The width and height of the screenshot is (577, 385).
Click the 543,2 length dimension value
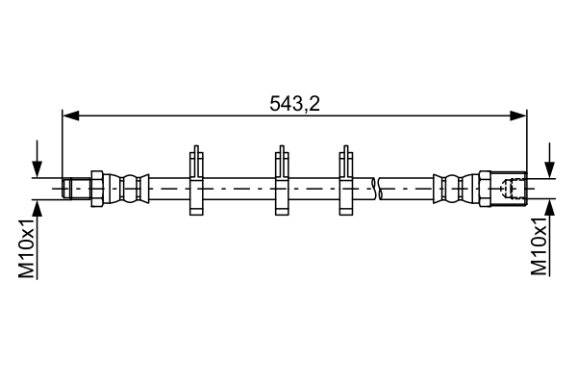tap(293, 102)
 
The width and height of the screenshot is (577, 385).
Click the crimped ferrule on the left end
tap(132, 187)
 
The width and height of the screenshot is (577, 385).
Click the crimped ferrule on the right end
tap(451, 187)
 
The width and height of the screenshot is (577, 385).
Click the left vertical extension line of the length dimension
tap(63, 144)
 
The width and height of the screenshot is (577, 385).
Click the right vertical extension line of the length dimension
tap(527, 144)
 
